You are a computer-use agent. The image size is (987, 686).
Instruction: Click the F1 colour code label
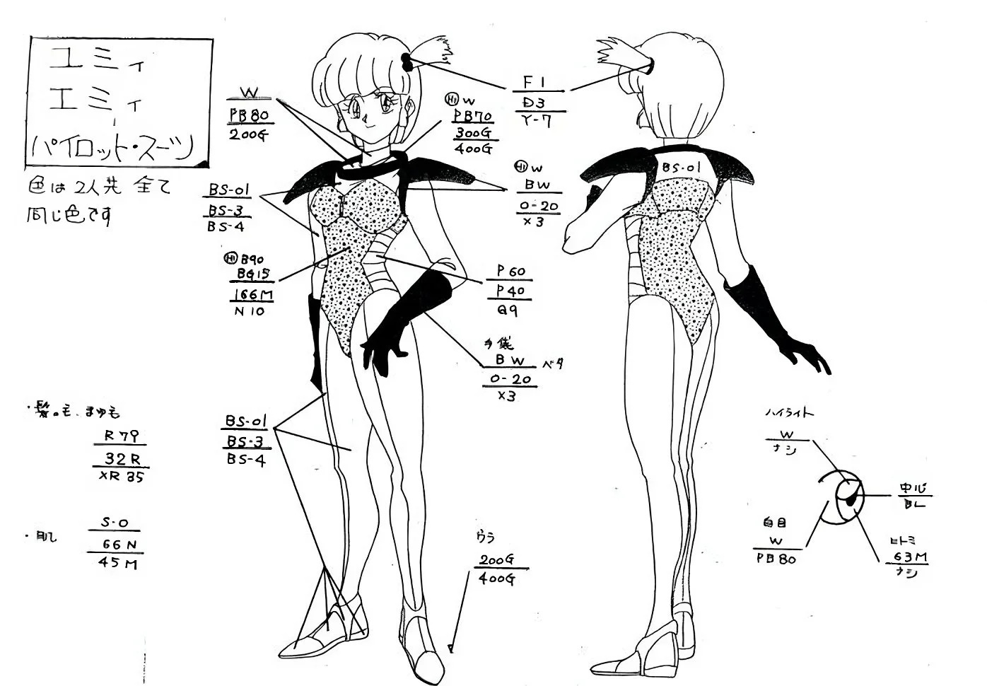(x=538, y=82)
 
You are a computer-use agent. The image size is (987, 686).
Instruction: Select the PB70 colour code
(x=473, y=116)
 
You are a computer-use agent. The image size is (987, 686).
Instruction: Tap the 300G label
(x=473, y=132)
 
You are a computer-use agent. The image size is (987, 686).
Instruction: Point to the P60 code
(x=510, y=272)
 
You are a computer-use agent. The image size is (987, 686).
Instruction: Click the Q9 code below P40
(x=508, y=309)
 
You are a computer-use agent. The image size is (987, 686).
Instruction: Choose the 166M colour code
(x=252, y=294)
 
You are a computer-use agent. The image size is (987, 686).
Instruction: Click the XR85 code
(x=122, y=476)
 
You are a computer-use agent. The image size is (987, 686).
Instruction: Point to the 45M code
(x=119, y=564)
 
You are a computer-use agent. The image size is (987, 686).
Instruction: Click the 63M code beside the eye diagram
(x=910, y=557)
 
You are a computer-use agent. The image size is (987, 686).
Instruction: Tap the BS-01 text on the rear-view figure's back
(x=681, y=168)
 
